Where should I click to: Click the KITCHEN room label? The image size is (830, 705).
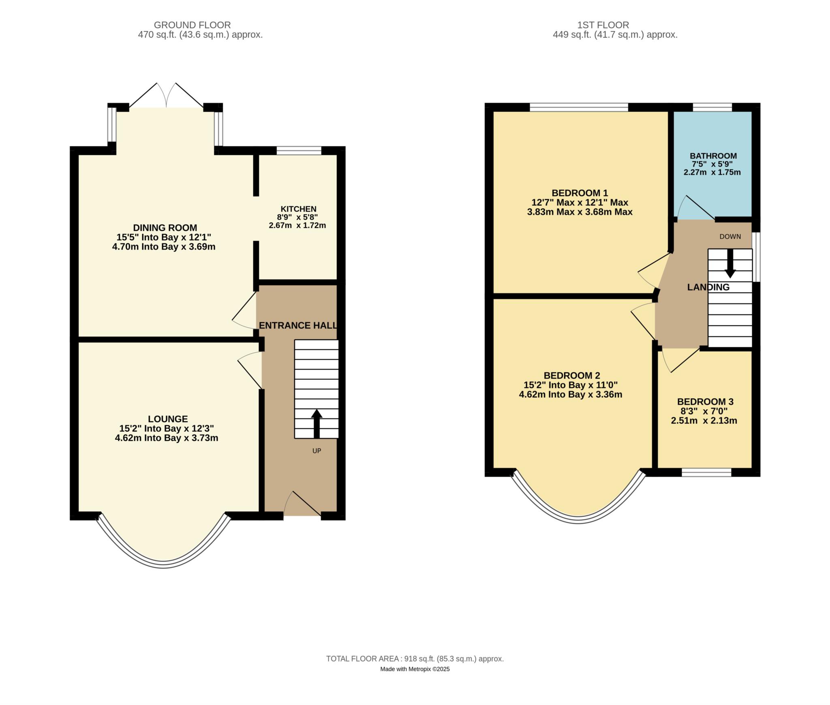click(x=299, y=209)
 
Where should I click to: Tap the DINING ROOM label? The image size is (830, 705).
click(x=165, y=228)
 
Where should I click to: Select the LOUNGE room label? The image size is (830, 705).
click(x=168, y=419)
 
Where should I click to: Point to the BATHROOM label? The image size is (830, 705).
click(x=713, y=156)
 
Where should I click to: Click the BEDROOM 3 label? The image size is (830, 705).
click(x=705, y=402)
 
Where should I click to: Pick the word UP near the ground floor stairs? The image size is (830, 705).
click(x=317, y=451)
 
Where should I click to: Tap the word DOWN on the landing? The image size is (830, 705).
click(x=730, y=237)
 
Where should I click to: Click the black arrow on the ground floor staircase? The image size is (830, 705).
click(x=317, y=424)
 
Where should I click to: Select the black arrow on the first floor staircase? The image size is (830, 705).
click(x=730, y=263)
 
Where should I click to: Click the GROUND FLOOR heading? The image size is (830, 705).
click(x=193, y=25)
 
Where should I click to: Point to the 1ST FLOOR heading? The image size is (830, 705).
click(x=603, y=25)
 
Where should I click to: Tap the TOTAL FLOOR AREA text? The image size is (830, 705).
click(x=415, y=659)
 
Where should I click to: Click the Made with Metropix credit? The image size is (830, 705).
click(x=415, y=669)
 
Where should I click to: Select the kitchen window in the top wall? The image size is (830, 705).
click(x=299, y=151)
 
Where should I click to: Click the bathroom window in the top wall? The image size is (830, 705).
click(x=712, y=107)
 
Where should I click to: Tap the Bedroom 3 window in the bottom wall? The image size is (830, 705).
click(x=706, y=472)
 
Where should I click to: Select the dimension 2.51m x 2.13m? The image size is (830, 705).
click(x=704, y=421)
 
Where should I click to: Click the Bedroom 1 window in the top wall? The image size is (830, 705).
click(x=579, y=107)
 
